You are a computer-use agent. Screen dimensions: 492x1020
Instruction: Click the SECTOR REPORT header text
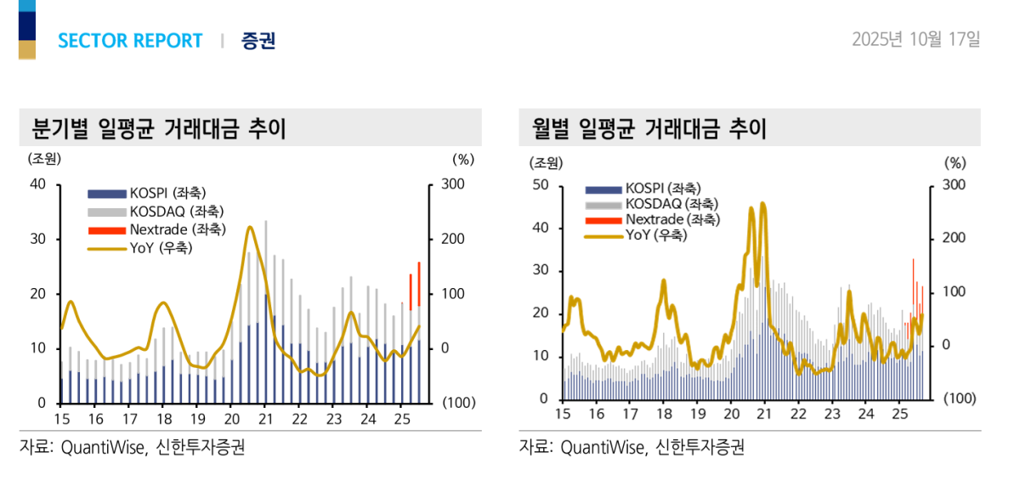130,41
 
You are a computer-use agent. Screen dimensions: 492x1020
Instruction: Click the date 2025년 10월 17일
916,39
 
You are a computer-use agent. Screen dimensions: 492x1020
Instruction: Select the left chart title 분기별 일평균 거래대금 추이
158,129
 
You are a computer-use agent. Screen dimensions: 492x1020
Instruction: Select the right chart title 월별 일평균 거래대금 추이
649,129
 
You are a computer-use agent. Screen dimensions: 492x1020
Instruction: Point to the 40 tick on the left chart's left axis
38,184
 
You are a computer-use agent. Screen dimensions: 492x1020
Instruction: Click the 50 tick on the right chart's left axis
541,185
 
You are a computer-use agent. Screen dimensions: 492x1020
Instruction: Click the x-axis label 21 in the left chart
265,419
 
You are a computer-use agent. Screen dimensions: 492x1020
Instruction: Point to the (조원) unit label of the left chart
45,158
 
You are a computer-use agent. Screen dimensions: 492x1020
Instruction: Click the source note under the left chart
133,447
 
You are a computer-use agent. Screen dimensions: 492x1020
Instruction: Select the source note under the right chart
632,447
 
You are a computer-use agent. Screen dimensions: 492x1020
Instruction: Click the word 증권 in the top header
258,41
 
